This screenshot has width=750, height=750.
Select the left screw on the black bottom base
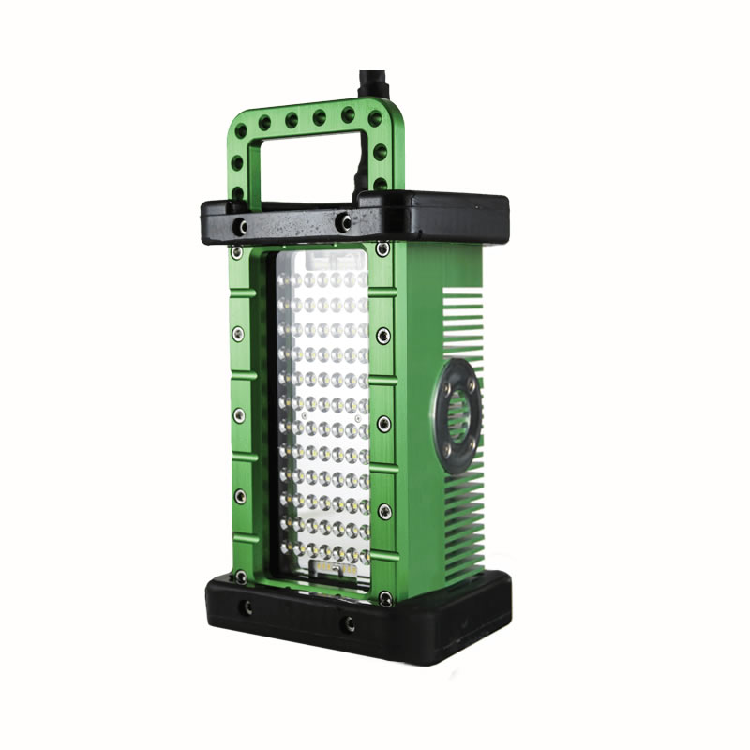point(247,608)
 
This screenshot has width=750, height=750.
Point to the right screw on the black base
point(349,623)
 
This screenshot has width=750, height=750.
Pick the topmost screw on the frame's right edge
point(382,249)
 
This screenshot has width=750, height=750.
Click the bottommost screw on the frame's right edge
point(384,594)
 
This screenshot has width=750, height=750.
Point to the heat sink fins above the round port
point(464,323)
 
